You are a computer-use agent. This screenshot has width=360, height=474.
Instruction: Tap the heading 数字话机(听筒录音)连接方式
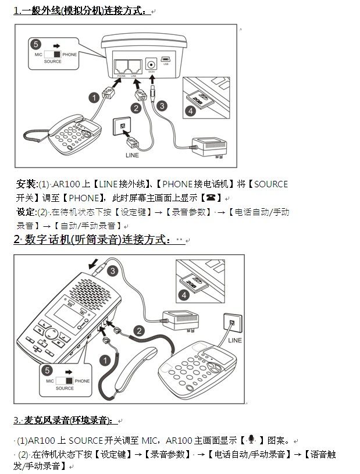click(99, 240)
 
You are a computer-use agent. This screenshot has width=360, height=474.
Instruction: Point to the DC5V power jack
click(151, 64)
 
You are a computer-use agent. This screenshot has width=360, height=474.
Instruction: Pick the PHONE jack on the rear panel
click(122, 65)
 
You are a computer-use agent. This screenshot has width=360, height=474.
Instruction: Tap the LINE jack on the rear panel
click(134, 65)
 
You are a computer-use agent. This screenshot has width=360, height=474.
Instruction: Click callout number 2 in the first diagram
click(136, 108)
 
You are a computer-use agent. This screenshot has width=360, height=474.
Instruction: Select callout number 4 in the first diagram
click(190, 111)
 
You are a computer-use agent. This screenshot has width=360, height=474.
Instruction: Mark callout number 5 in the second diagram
click(48, 369)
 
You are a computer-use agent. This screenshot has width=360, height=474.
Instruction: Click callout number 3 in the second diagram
click(112, 270)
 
